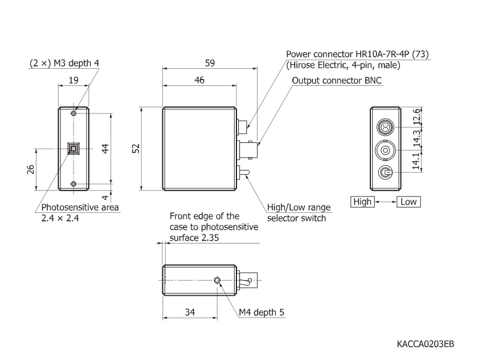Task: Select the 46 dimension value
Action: (x=199, y=81)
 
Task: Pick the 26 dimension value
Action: (x=31, y=169)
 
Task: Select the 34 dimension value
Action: (x=190, y=312)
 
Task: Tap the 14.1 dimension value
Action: (x=417, y=162)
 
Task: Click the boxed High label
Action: (x=362, y=202)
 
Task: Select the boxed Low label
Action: (x=409, y=202)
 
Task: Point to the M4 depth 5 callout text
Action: (x=261, y=312)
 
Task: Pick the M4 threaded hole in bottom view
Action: (x=218, y=281)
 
